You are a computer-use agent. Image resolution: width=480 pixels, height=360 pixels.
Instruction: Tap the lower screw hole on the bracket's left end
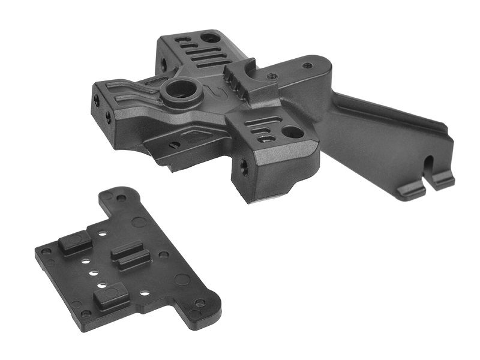coord(108,117)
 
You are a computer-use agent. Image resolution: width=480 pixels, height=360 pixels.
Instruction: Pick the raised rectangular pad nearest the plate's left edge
coord(74,241)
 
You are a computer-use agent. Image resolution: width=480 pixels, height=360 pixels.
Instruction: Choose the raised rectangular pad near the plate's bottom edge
coord(112,296)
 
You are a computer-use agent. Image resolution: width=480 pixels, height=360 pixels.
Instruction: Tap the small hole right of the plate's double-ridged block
coord(163,254)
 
